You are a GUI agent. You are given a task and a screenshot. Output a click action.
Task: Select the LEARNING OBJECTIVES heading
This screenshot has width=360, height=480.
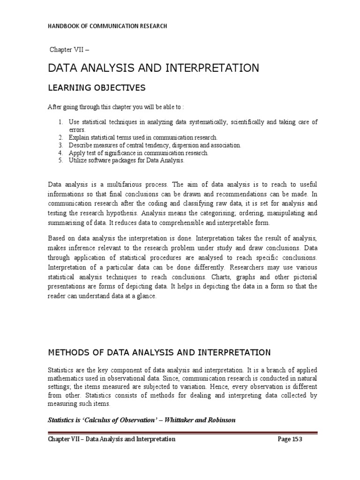97,88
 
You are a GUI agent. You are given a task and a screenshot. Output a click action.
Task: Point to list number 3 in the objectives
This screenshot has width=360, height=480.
60,145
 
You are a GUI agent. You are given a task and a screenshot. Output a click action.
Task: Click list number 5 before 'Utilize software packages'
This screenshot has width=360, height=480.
60,160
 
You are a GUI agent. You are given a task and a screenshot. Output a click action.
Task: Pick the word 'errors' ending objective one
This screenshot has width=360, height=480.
77,130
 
